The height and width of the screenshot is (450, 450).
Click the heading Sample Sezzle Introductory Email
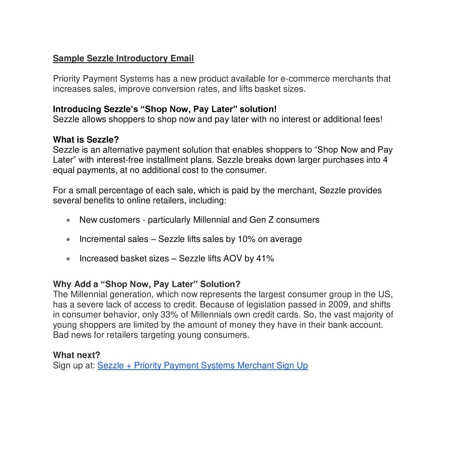[x=123, y=58]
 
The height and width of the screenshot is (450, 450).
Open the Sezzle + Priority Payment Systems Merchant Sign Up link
[x=202, y=365]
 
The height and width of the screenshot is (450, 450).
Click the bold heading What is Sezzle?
[x=86, y=139]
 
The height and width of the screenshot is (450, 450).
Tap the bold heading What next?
[x=76, y=355]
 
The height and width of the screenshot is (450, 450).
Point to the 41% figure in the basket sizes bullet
[x=265, y=259]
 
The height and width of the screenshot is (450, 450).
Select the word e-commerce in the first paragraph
[x=305, y=79]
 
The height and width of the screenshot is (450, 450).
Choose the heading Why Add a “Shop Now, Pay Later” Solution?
[x=147, y=284]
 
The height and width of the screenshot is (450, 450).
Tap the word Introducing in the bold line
[x=77, y=109]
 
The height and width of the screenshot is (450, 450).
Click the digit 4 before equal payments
[x=385, y=160]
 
